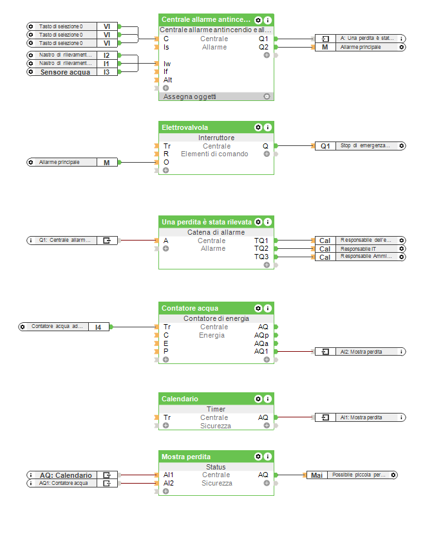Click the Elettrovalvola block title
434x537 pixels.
[x=185, y=127]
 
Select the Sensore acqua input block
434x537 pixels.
[x=71, y=72]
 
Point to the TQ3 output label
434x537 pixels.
[x=261, y=257]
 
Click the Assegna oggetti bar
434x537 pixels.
[x=190, y=96]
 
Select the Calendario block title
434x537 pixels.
[x=180, y=399]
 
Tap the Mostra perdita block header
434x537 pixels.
[x=186, y=457]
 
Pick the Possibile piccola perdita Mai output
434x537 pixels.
[x=352, y=475]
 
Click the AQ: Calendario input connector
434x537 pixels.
[x=71, y=475]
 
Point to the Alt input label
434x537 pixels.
[x=168, y=80]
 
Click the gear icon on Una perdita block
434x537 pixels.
[x=258, y=222]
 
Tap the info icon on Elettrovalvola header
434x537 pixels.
[x=268, y=127]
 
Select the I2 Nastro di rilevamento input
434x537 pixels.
[x=71, y=55]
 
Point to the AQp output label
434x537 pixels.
[x=261, y=335]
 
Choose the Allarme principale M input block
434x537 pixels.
[x=71, y=162]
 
